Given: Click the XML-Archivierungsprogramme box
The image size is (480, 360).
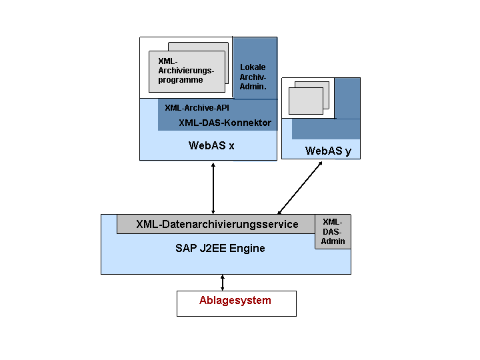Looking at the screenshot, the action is [x=187, y=71].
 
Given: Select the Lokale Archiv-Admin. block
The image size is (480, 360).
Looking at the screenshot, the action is [x=255, y=68].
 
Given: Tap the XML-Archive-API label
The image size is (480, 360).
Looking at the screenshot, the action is [x=197, y=108].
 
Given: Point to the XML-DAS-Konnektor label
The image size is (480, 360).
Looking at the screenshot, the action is [x=225, y=123].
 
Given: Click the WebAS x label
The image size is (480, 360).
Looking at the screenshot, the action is [x=211, y=145].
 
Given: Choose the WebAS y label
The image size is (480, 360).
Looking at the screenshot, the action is [x=328, y=151].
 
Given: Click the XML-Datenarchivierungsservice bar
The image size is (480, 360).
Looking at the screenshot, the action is [x=216, y=224].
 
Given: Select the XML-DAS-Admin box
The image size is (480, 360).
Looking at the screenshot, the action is [x=333, y=231].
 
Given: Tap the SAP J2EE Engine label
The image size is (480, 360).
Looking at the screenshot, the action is [x=220, y=248].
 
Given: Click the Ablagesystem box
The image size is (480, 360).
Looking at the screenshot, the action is [x=236, y=303].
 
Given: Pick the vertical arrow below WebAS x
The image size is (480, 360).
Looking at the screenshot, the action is [x=213, y=188].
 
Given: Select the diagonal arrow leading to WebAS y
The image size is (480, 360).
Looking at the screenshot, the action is [x=300, y=187].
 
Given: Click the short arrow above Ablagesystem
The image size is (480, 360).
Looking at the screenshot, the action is [x=223, y=283].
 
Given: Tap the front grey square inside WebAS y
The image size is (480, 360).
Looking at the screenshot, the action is [x=306, y=101].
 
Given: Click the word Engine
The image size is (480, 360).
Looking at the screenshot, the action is [x=247, y=248].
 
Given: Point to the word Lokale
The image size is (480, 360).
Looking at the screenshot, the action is [x=253, y=67].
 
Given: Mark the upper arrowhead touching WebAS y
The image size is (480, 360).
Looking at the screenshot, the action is [x=320, y=164].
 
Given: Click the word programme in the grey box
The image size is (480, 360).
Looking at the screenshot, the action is [x=180, y=80].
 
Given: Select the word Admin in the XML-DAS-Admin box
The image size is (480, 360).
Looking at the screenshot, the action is [x=333, y=241].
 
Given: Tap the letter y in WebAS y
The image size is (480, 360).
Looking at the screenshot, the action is [x=349, y=152].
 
